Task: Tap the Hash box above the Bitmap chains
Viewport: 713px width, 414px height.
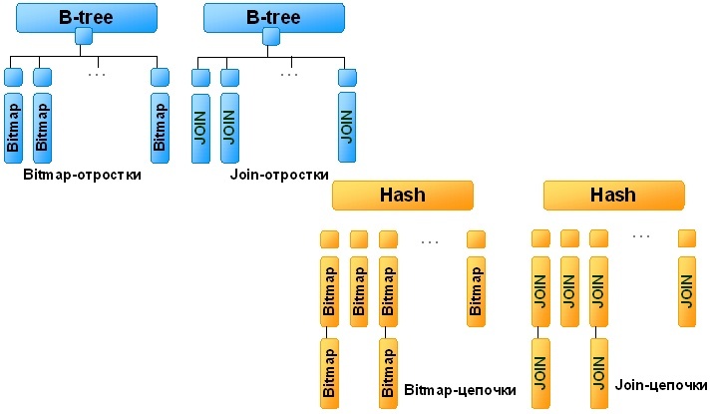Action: tap(403, 195)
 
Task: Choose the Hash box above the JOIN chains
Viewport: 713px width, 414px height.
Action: tap(613, 195)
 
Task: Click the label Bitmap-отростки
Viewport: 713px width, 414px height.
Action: tap(81, 175)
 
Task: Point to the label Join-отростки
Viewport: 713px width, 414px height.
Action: tap(279, 175)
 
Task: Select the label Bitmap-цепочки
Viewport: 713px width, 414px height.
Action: tap(460, 390)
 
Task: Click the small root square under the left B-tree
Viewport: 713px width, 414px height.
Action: tap(83, 37)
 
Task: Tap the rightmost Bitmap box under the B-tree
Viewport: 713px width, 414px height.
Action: tap(160, 127)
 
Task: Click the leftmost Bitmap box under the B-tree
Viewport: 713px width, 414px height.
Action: tap(13, 127)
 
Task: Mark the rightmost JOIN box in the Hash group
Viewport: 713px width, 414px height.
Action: tap(687, 290)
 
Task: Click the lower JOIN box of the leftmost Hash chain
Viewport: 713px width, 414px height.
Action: tap(539, 373)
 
